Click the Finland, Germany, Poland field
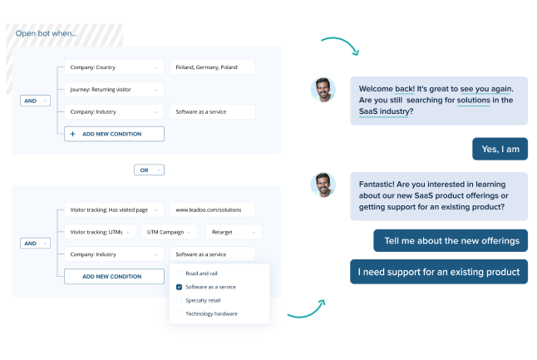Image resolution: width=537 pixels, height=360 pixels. click(212, 67)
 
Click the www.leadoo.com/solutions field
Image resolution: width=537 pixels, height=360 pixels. click(212, 210)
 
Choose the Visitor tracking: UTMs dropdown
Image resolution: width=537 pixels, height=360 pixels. click(99, 232)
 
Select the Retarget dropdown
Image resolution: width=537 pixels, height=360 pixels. click(234, 232)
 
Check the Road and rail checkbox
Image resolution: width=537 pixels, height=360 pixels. click(178, 273)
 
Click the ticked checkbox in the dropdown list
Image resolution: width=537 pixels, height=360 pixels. click(178, 287)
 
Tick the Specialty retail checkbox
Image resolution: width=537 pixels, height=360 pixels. click(178, 300)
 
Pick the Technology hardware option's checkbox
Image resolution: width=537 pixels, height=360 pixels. click(178, 313)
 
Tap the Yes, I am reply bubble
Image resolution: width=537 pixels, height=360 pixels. click(500, 150)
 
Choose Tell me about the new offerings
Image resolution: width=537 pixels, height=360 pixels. click(451, 241)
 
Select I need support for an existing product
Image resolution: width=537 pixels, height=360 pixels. click(439, 272)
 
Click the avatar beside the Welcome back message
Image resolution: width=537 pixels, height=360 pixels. click(323, 90)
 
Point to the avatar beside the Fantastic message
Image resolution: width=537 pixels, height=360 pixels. click(323, 185)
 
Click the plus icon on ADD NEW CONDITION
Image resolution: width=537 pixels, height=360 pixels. click(73, 134)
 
